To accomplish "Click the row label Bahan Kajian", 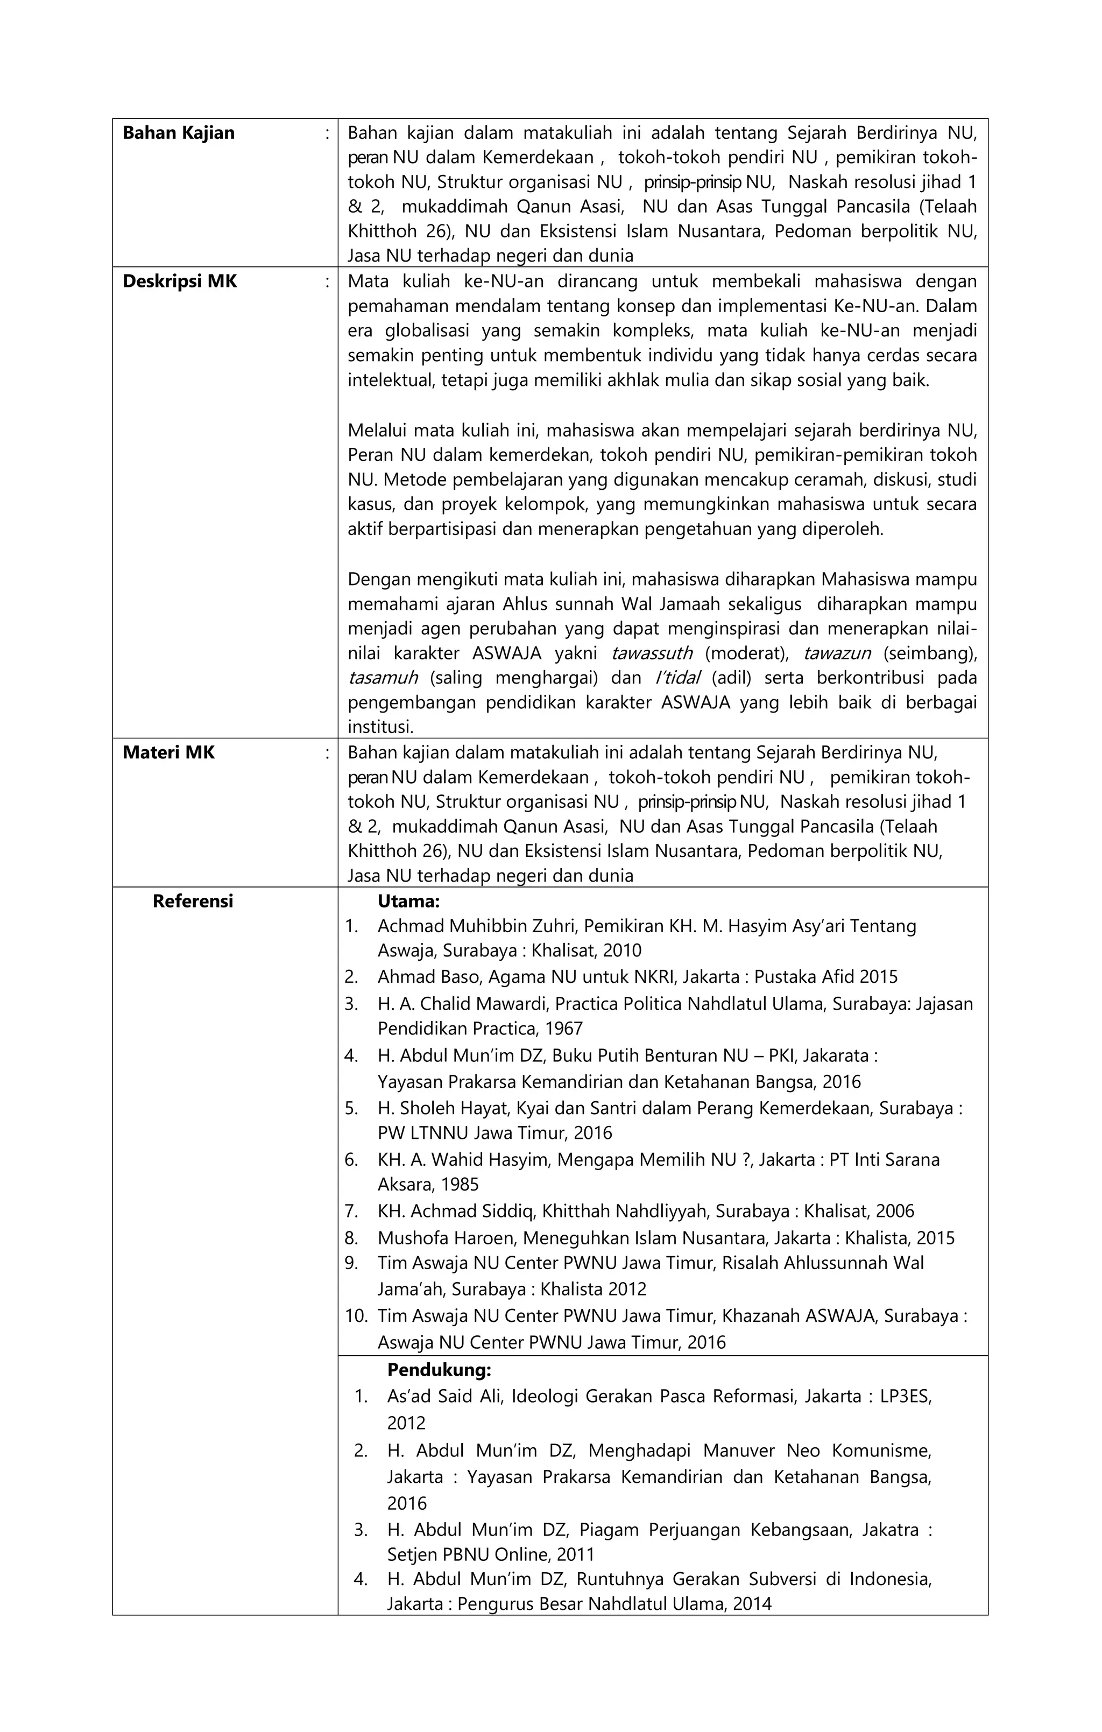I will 179,133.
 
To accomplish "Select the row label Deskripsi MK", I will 180,281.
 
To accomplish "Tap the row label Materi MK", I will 168,753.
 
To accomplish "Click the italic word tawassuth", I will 652,653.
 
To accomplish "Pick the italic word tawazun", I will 837,653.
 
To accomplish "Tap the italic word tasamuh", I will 383,678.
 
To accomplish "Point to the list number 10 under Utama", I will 356,1316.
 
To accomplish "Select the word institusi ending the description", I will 380,727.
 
